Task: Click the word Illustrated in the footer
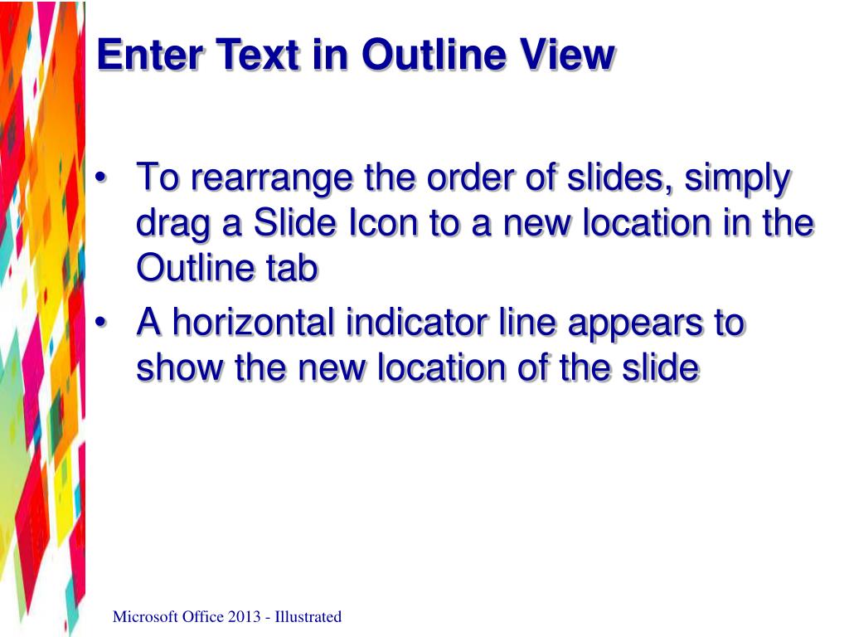[x=308, y=616]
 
